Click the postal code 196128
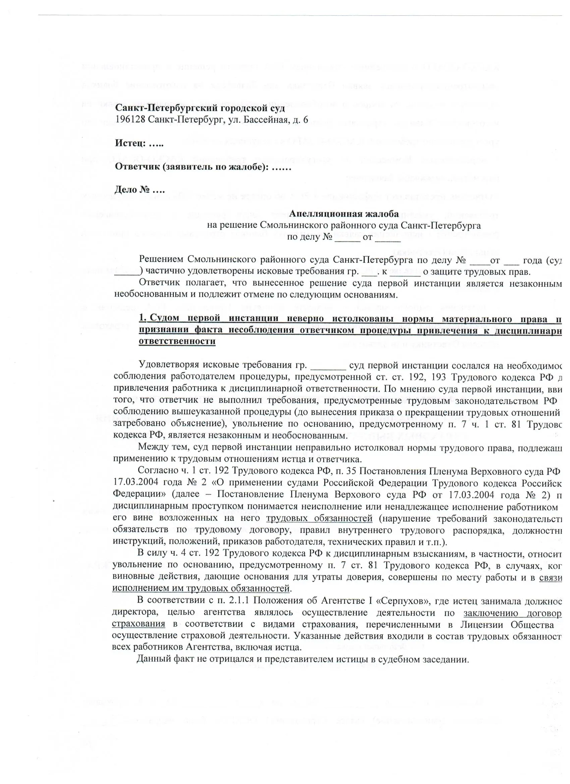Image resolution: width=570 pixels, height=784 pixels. (130, 120)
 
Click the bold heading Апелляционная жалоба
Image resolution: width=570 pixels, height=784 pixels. (344, 214)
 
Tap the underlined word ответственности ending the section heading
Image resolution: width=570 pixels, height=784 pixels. (177, 341)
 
